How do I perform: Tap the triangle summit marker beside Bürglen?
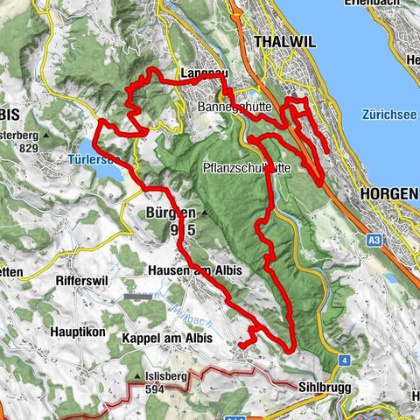point(204,213)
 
